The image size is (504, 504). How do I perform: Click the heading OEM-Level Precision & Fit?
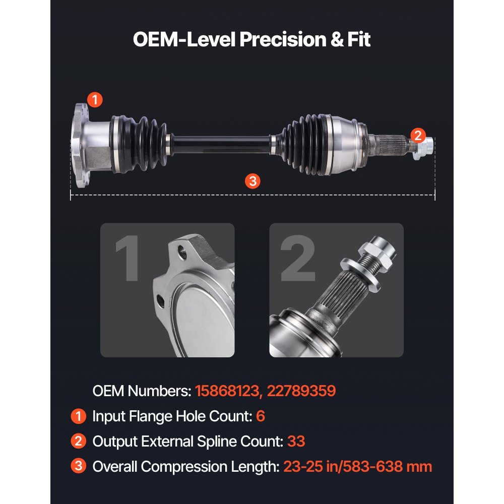point(251,39)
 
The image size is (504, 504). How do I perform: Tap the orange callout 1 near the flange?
point(94,99)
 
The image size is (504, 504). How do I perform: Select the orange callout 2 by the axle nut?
point(417,135)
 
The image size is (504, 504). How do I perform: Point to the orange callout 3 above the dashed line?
point(252,180)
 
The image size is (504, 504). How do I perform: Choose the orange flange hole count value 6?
point(261,416)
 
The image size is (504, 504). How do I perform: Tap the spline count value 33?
point(296,442)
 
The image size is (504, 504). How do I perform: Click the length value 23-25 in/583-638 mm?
point(357,467)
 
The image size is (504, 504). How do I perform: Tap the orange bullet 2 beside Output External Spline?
point(78,442)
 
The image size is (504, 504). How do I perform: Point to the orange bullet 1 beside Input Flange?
point(78,416)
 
